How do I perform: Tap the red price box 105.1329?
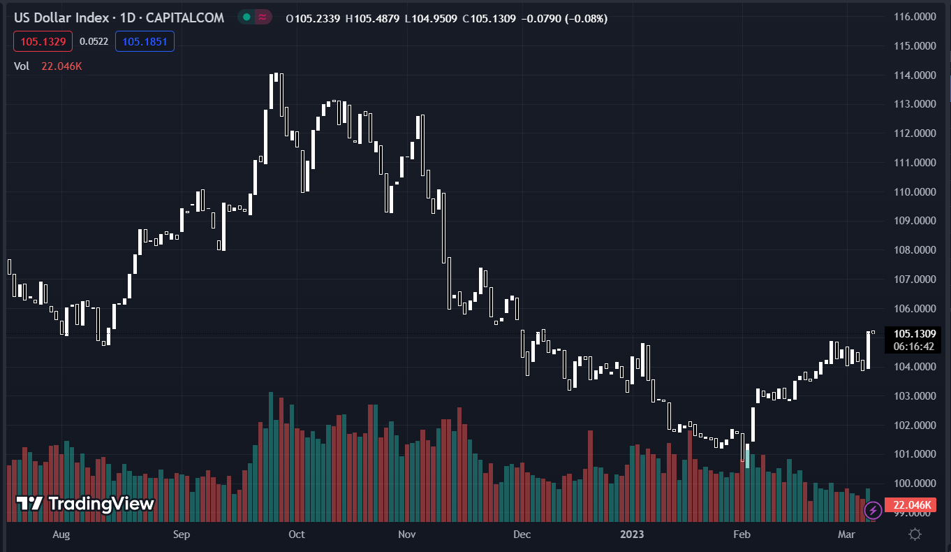point(43,42)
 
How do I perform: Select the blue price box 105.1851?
point(145,42)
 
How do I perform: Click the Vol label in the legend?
point(22,66)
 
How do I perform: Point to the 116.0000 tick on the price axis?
point(915,16)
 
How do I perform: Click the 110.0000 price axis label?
point(915,191)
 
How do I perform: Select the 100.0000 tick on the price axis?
point(915,484)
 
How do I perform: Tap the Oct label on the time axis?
point(297,535)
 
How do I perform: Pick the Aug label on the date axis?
point(61,535)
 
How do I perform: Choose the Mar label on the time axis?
point(846,535)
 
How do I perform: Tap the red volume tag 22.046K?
point(912,504)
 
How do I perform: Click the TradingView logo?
point(85,503)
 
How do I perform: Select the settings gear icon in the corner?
point(915,535)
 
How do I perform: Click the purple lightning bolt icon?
point(873,511)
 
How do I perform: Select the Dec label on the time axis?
point(522,535)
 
